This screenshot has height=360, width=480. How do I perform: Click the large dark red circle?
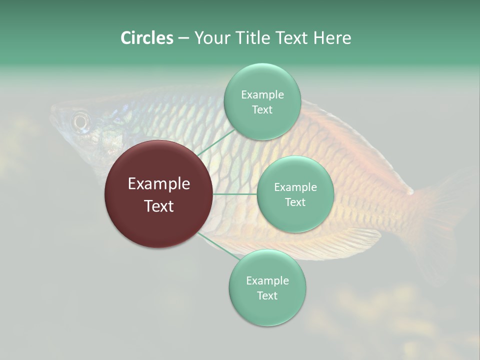pyautogui.click(x=159, y=194)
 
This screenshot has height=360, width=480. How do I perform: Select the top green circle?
pyautogui.click(x=262, y=101)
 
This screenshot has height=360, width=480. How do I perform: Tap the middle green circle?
pyautogui.click(x=295, y=194)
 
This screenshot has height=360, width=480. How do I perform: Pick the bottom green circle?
pyautogui.click(x=267, y=287)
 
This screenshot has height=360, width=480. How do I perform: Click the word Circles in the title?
pyautogui.click(x=146, y=38)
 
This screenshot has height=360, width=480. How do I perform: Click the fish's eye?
pyautogui.click(x=80, y=120)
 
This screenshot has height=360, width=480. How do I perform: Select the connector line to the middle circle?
pyautogui.click(x=235, y=194)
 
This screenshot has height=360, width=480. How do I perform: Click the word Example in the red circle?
pyautogui.click(x=159, y=184)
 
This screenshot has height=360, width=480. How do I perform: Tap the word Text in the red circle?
pyautogui.click(x=159, y=206)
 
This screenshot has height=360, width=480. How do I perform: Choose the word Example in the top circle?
pyautogui.click(x=262, y=94)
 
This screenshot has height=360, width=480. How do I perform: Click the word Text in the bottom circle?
pyautogui.click(x=267, y=295)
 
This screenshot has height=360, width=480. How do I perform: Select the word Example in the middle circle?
pyautogui.click(x=295, y=187)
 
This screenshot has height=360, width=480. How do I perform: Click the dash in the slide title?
pyautogui.click(x=183, y=38)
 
